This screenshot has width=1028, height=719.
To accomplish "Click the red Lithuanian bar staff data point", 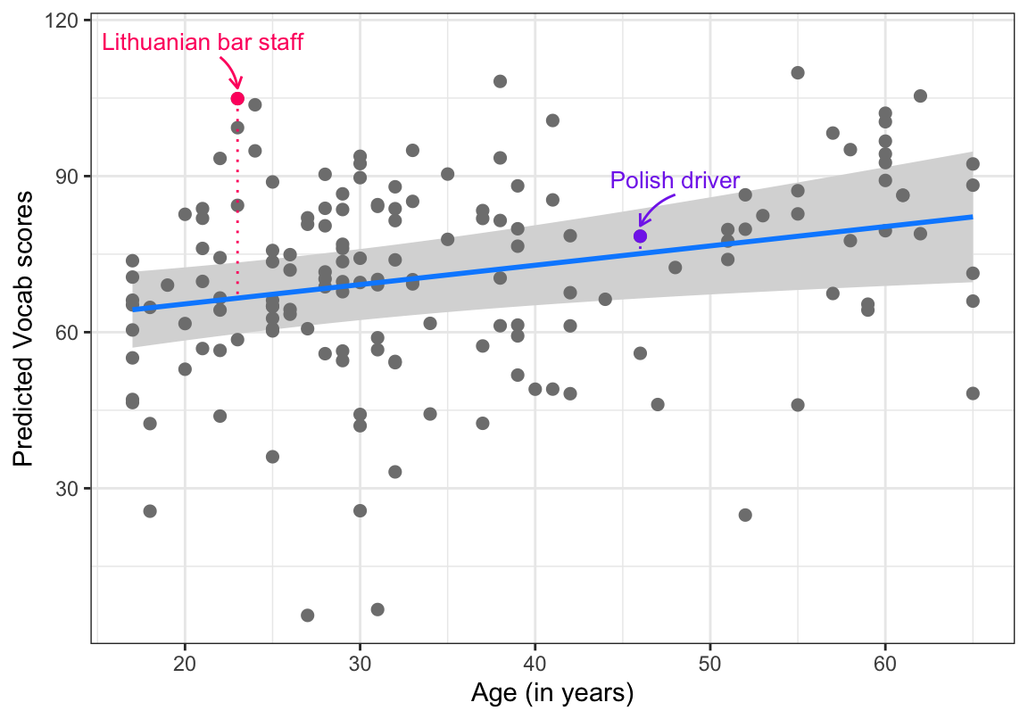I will (x=237, y=98).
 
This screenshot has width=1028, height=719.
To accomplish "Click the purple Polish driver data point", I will (x=640, y=236).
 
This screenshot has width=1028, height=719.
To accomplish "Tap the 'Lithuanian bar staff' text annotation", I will (x=203, y=42).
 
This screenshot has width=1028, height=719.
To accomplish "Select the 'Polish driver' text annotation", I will (x=675, y=181).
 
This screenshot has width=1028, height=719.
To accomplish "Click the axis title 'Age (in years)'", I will (x=552, y=693).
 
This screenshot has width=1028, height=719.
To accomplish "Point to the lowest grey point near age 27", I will (x=307, y=616).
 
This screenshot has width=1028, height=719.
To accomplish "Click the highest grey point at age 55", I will (x=798, y=73).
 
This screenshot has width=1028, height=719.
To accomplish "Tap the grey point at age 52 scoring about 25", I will (x=745, y=515).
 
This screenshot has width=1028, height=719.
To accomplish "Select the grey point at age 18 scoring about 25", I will (x=150, y=511).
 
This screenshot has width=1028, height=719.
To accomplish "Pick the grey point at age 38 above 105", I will (x=500, y=81).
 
